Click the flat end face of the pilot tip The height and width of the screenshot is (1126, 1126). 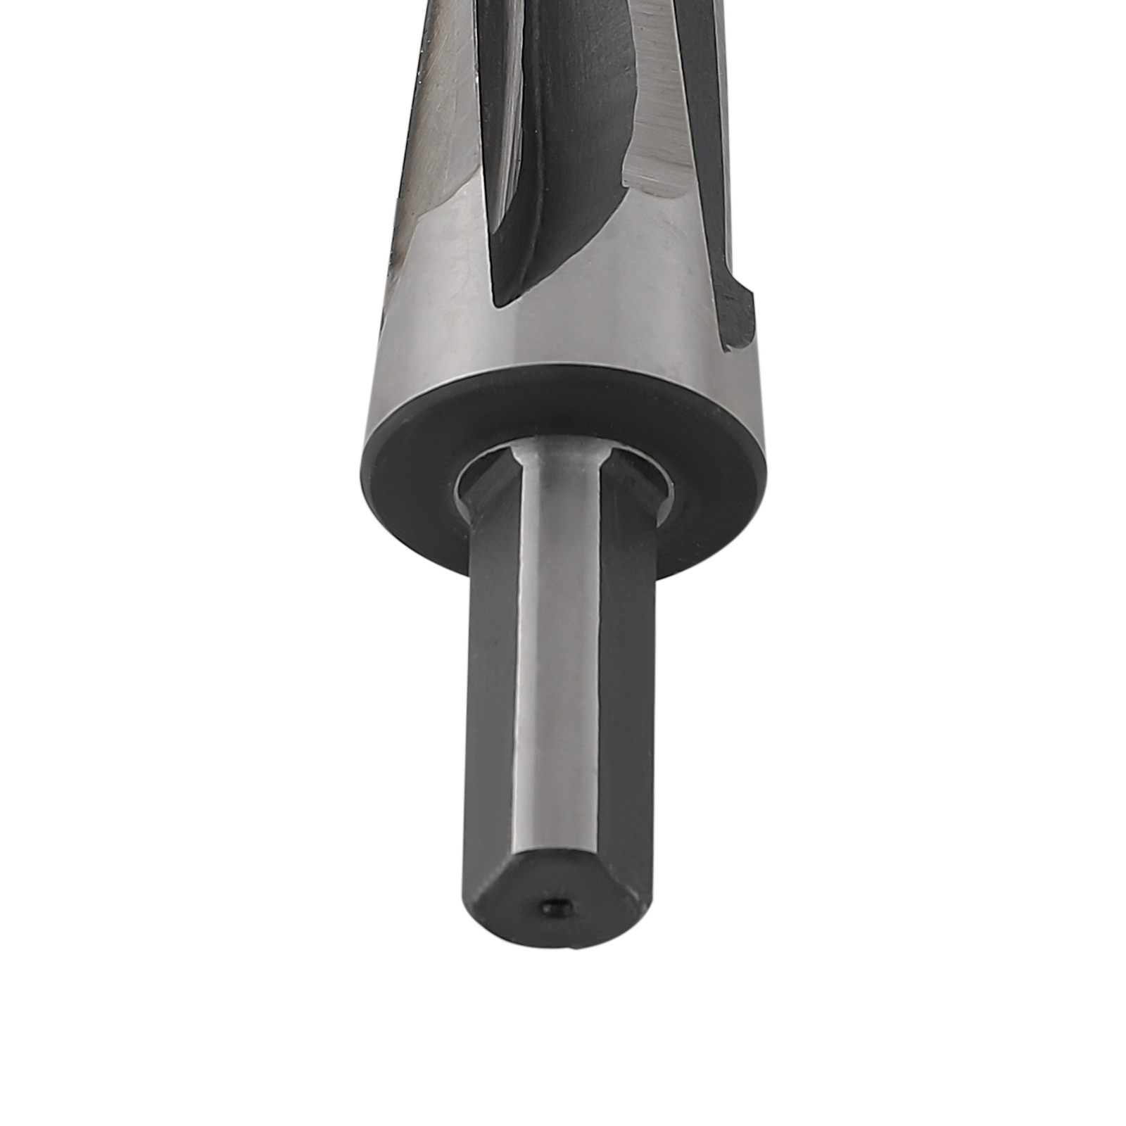[x=556, y=901]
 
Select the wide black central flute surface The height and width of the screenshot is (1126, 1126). [x=563, y=141]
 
